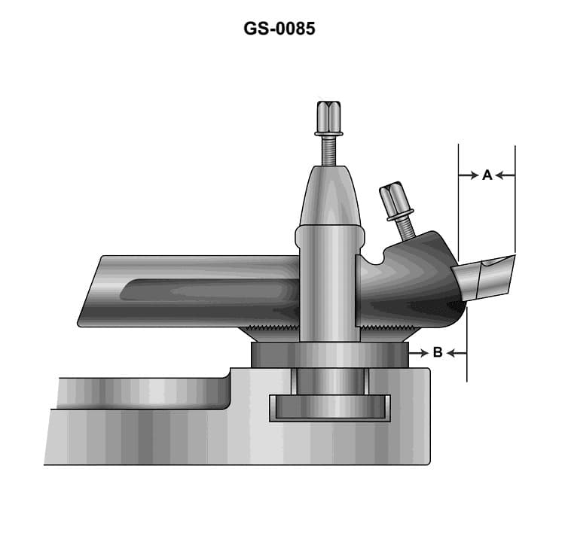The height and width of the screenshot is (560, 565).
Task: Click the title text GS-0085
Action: pyautogui.click(x=279, y=29)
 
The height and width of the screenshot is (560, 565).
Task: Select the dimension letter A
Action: pyautogui.click(x=487, y=175)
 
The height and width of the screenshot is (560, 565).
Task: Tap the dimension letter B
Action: pyautogui.click(x=438, y=352)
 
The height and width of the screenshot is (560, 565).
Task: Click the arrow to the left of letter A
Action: pyautogui.click(x=470, y=175)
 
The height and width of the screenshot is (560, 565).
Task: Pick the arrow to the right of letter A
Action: pyautogui.click(x=505, y=175)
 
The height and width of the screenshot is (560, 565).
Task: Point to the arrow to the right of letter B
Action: pyautogui.click(x=457, y=352)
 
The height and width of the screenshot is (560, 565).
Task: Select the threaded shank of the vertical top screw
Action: pyautogui.click(x=328, y=151)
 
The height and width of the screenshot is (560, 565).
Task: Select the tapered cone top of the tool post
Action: pyautogui.click(x=328, y=196)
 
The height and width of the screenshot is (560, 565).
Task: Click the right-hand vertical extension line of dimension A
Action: pyautogui.click(x=515, y=199)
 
